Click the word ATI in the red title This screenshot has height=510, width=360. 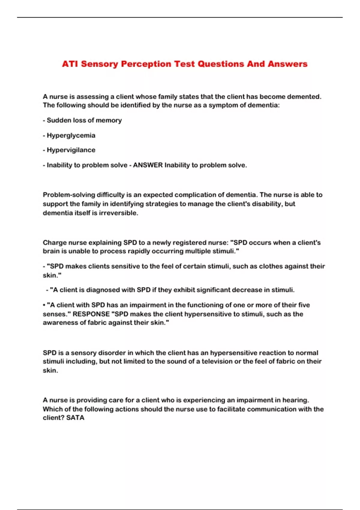coord(70,64)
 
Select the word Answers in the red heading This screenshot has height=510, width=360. coord(287,64)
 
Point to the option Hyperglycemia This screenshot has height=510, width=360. coord(71,135)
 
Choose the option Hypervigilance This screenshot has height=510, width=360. coord(71,150)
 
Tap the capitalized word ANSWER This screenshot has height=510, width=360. coord(148,165)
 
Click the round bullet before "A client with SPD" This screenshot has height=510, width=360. coord(44,305)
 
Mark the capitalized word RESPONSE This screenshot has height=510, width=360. coord(91,314)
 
